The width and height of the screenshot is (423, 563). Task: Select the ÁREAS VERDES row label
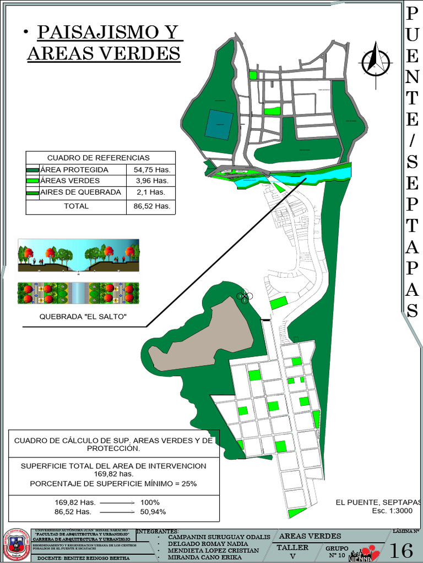click(70, 180)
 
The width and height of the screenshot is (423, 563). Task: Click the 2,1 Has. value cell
click(151, 192)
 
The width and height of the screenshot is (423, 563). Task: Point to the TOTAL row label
click(76, 206)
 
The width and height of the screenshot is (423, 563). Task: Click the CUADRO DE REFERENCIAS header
click(98, 158)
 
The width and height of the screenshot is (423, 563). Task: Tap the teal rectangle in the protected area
click(219, 123)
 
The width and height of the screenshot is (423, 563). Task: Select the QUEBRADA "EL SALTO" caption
click(83, 317)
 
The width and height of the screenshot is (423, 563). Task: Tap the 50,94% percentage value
click(153, 512)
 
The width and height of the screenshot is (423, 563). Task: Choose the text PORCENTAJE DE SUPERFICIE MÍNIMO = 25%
click(113, 484)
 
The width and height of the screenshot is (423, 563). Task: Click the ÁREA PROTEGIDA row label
click(74, 170)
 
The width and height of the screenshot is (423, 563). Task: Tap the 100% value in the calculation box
click(150, 503)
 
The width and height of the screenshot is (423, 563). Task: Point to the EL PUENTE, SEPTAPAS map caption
click(378, 502)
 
